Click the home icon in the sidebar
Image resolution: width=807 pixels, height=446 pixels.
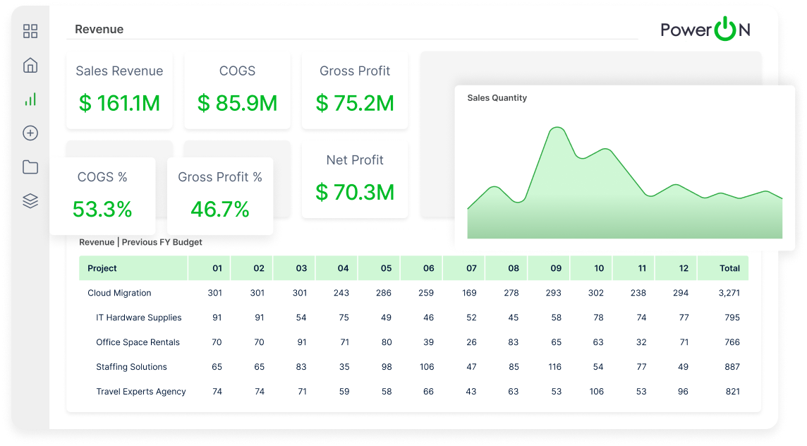30,66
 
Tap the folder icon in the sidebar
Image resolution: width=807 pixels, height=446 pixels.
30,167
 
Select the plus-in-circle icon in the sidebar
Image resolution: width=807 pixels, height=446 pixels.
30,133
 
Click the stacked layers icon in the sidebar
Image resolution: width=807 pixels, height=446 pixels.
30,201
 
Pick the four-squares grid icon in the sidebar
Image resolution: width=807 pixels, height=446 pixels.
30,31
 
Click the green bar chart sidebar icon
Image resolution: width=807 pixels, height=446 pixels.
30,100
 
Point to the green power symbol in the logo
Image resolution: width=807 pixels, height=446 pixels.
725,29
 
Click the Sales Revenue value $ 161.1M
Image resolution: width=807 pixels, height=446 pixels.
119,103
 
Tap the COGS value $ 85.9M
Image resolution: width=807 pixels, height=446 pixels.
237,103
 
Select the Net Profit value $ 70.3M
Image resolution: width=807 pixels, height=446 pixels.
355,192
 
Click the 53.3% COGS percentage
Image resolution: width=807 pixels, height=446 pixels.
102,209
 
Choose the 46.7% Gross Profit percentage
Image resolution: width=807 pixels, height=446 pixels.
220,209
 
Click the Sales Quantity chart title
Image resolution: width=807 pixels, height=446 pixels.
497,98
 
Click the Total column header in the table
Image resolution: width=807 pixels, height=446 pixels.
729,268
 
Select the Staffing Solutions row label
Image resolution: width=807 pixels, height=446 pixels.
132,367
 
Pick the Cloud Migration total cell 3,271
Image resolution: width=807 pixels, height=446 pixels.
729,293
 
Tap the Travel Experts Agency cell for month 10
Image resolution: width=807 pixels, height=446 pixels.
597,392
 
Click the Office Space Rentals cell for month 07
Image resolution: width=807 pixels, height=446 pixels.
471,342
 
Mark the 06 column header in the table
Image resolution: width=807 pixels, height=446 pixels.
429,268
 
